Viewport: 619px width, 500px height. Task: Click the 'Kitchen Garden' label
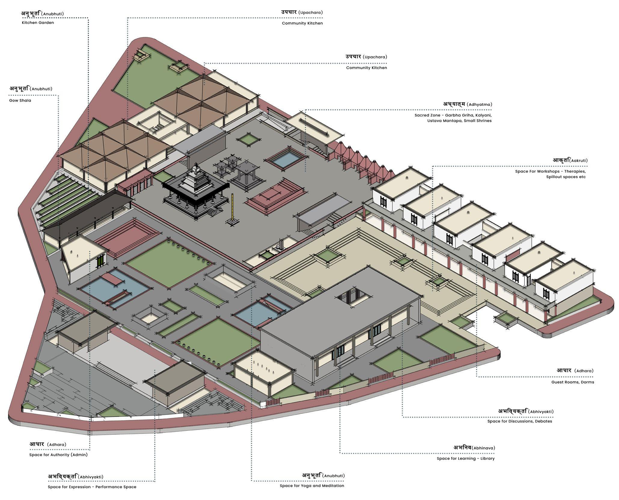[x=38, y=23]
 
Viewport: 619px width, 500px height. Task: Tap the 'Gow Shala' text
[x=20, y=100]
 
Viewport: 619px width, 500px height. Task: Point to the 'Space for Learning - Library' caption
[x=465, y=458]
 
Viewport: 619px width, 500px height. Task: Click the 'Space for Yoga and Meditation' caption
[x=312, y=486]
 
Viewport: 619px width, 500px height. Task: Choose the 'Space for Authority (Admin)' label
[x=58, y=455]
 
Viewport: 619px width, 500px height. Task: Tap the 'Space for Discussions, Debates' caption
[x=520, y=421]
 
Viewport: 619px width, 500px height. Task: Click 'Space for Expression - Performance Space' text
[x=92, y=487]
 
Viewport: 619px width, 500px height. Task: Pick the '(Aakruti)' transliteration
[x=578, y=161]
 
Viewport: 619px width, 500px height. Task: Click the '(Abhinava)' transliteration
[x=483, y=448]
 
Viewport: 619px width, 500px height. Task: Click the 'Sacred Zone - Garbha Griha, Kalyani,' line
[x=453, y=115]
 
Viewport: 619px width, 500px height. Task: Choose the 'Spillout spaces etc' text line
[x=566, y=177]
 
